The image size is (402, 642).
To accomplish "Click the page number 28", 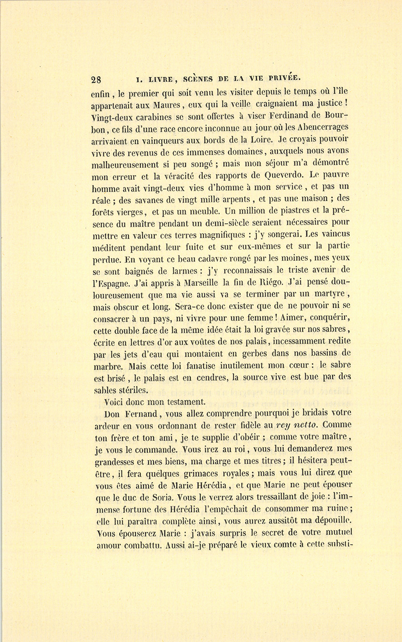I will click(96, 80).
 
